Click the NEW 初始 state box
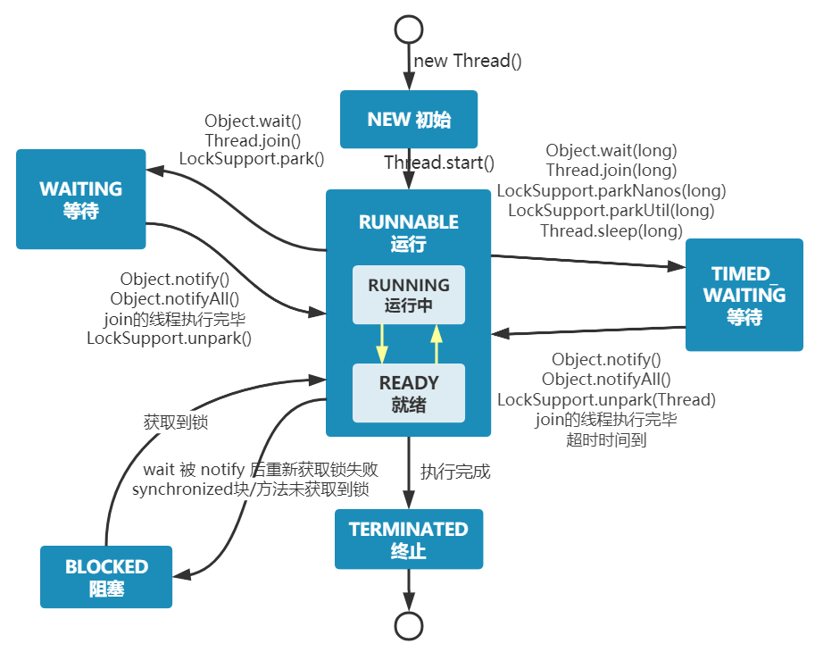409,119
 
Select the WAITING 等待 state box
80,199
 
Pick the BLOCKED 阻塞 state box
106,577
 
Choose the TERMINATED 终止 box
408,539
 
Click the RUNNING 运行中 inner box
409,294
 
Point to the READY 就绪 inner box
409,392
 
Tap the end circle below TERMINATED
408,626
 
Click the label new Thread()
468,61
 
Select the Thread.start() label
439,163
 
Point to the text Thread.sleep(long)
611,230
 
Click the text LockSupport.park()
252,159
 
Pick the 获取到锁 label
176,422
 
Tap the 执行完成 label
455,472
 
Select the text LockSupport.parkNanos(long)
611,190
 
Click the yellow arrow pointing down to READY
382,343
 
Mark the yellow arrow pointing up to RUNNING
437,343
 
